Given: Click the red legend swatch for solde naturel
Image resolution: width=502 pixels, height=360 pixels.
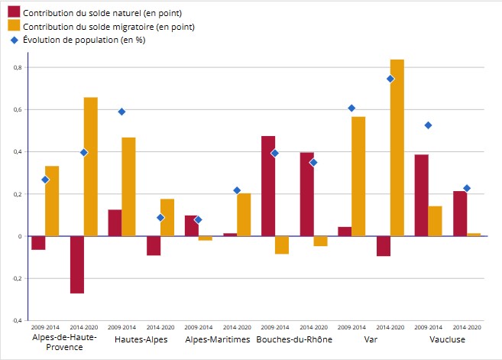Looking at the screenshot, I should point(13,14).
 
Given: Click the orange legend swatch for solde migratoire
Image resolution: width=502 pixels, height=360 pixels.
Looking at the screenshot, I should point(13,27).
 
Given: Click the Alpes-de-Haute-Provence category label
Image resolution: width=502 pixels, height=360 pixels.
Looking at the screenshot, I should point(64,342).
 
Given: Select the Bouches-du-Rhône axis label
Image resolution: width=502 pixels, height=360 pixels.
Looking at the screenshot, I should point(294,338).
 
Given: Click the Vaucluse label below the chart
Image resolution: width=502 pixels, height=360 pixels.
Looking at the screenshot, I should point(447,338).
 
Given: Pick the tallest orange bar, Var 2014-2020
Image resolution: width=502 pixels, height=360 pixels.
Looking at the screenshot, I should point(397,148).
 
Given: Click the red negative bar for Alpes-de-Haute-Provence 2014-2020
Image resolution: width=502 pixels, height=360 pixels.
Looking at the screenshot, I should point(77,264).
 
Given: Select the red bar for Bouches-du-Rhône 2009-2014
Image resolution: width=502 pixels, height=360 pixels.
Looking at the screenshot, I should point(268,186).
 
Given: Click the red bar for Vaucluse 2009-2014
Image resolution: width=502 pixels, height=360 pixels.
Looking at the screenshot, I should point(421,195).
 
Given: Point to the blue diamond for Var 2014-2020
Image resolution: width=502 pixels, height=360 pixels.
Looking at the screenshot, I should point(390,79).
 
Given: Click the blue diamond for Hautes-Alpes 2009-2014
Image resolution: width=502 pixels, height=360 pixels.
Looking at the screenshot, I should point(121,112).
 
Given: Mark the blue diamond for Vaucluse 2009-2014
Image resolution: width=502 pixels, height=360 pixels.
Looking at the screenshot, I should point(428,125).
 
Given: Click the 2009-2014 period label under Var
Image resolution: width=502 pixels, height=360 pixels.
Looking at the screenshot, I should point(351,327).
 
